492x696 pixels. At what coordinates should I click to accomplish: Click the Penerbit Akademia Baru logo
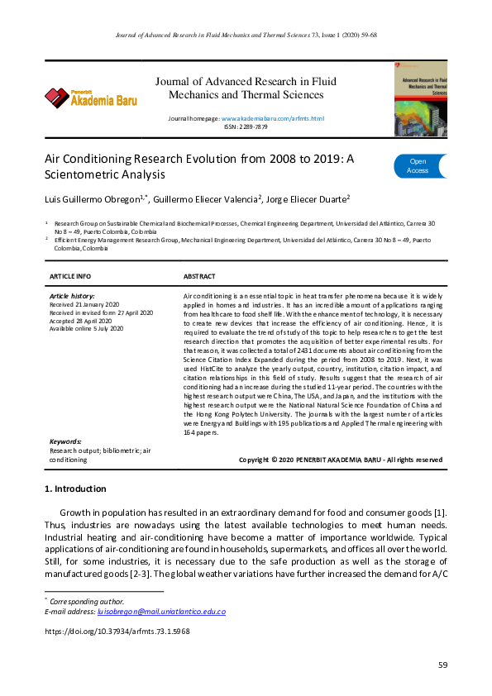click(x=91, y=98)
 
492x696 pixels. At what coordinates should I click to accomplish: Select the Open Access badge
click(x=421, y=166)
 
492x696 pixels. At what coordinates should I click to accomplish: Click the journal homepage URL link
click(x=273, y=119)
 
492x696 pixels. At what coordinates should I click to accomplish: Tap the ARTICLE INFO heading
click(x=70, y=276)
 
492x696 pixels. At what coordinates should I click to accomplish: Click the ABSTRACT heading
click(x=199, y=276)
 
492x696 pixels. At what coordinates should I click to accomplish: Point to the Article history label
click(x=72, y=295)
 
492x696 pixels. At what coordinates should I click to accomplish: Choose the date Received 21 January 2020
click(x=86, y=303)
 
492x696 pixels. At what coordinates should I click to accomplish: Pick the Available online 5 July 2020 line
click(x=86, y=328)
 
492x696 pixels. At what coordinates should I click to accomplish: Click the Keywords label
click(x=64, y=442)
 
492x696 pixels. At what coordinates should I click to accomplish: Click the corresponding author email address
click(x=160, y=612)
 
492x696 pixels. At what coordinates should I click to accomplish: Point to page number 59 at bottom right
click(x=442, y=665)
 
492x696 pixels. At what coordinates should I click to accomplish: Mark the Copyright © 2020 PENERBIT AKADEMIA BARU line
click(x=340, y=459)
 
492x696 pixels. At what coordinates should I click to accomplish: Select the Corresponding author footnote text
click(x=82, y=602)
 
